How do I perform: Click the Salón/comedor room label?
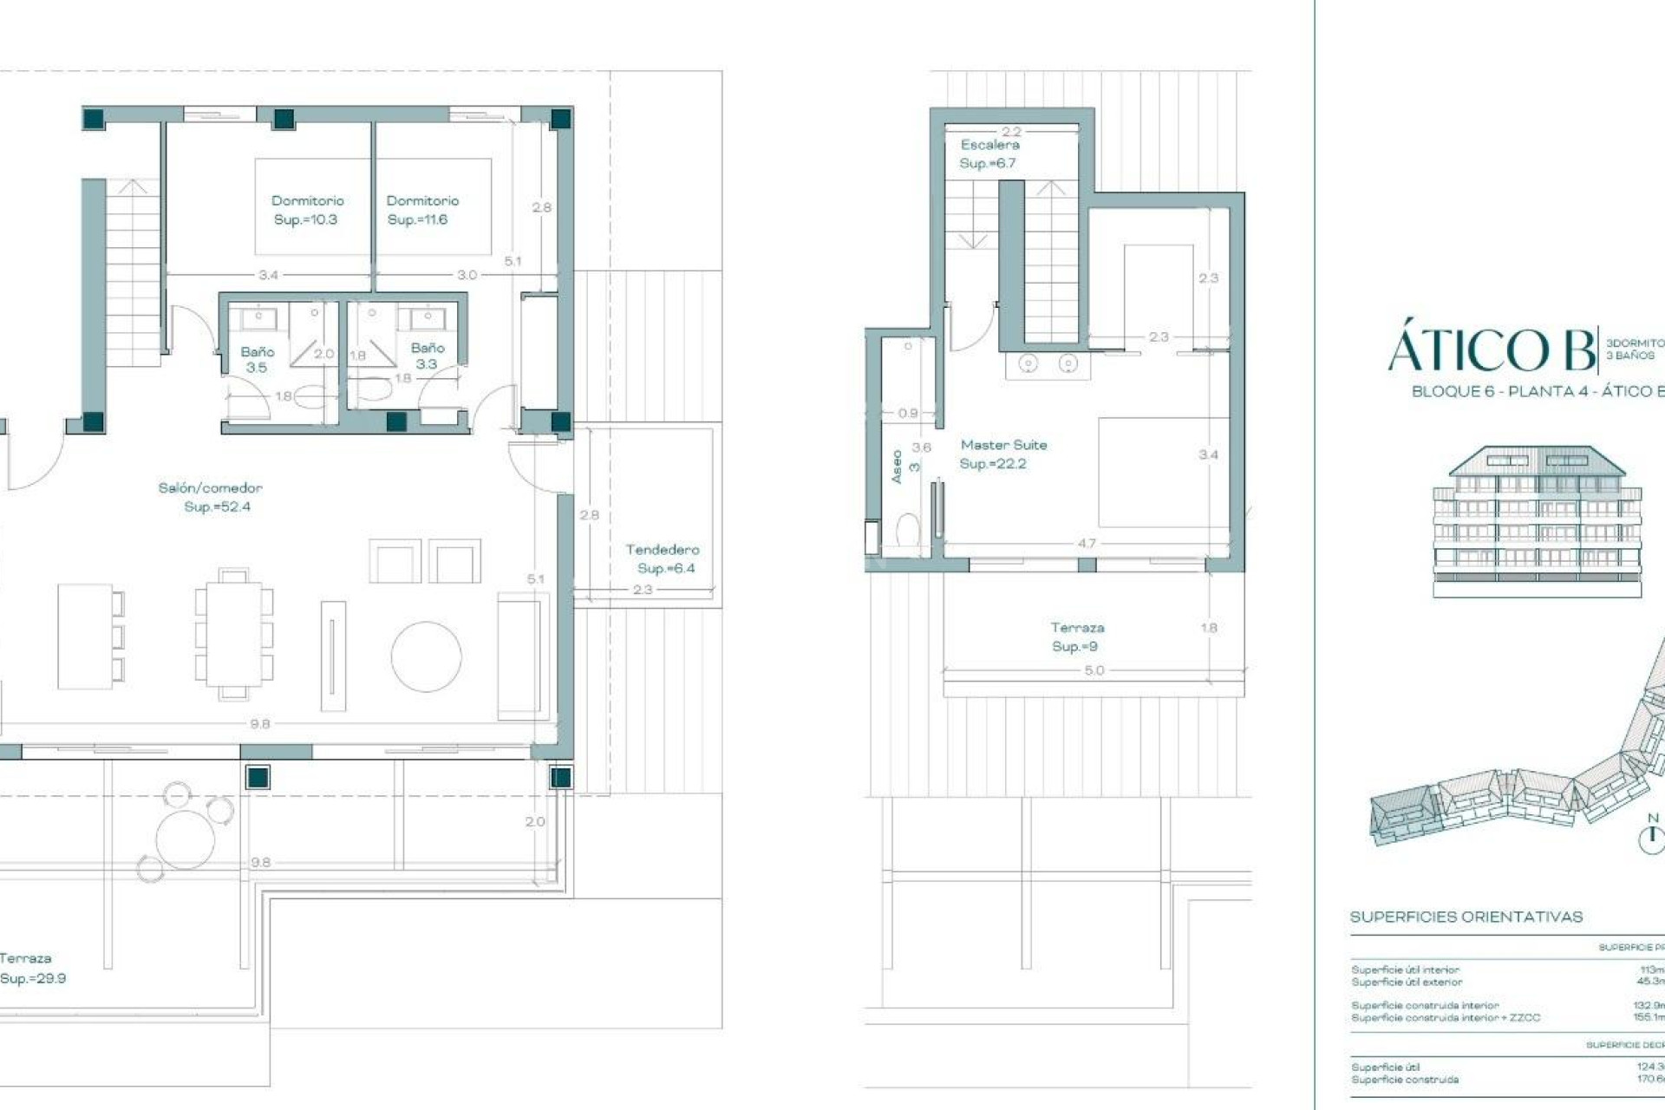[210, 497]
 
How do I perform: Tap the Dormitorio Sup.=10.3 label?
[307, 210]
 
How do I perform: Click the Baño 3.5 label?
[257, 359]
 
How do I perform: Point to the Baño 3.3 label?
[427, 356]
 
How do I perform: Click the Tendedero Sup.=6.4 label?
[663, 558]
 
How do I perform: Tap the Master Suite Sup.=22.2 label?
[1002, 454]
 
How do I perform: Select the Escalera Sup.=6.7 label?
[989, 153]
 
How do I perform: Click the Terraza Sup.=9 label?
[1076, 637]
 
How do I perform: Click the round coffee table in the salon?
[426, 656]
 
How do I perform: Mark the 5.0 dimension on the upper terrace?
[1094, 670]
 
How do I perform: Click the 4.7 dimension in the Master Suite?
[1086, 544]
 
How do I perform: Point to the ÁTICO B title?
[1492, 350]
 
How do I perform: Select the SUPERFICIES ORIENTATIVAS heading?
[1466, 917]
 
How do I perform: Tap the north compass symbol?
[1653, 835]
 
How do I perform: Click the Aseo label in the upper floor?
[898, 466]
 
